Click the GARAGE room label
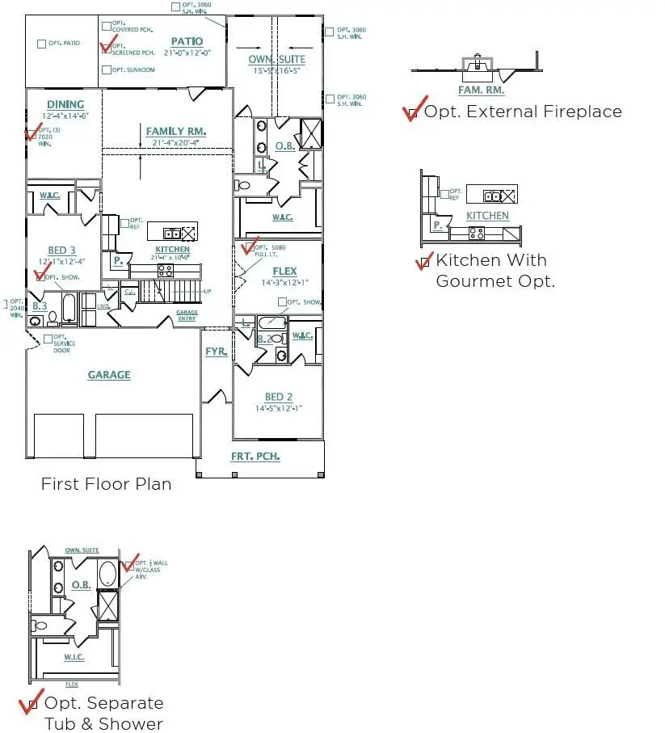[109, 375]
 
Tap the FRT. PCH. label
[255, 457]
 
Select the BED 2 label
[279, 397]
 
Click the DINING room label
[65, 104]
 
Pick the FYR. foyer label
[216, 352]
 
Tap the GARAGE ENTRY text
[187, 316]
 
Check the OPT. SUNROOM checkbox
[107, 70]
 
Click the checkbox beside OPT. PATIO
[42, 44]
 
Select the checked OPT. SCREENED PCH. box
[107, 48]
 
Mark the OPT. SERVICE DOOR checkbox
[48, 339]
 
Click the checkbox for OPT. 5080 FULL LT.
[250, 246]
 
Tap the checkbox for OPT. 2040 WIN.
[5, 305]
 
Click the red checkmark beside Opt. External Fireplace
[412, 113]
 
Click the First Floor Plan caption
[106, 484]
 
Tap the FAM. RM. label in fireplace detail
[481, 91]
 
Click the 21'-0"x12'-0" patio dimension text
[187, 53]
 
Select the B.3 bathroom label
[40, 305]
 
